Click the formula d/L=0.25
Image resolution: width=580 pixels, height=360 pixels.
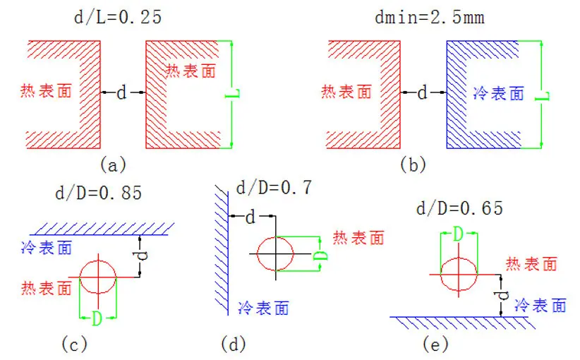(x=118, y=17)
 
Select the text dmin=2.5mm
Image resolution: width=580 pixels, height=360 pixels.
(x=430, y=17)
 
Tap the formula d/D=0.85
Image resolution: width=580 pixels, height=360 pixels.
(x=99, y=193)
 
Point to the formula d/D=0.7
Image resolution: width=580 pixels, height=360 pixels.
(x=274, y=188)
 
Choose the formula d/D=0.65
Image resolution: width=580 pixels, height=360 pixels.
(x=460, y=208)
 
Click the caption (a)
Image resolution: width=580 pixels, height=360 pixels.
(x=113, y=164)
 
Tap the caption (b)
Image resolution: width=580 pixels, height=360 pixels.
(x=413, y=164)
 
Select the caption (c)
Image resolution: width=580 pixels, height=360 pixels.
(x=74, y=344)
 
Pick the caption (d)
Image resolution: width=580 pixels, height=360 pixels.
(x=234, y=344)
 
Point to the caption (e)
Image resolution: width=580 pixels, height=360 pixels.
(x=435, y=344)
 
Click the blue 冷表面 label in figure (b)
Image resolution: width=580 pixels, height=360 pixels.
(x=499, y=93)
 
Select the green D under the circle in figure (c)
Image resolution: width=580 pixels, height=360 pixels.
(x=97, y=318)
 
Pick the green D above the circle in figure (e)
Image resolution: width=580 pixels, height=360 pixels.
(x=458, y=234)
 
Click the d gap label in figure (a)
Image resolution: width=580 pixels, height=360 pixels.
(x=121, y=92)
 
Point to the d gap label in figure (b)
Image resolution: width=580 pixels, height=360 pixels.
(x=423, y=92)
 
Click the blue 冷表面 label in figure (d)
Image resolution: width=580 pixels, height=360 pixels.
(x=263, y=308)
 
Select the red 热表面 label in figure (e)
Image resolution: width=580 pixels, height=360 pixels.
(x=531, y=264)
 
